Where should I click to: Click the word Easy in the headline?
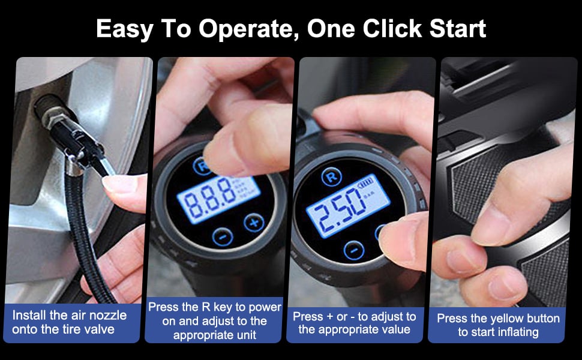coord(124,29)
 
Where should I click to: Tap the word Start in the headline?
coord(458,28)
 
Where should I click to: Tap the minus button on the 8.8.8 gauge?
coord(223,236)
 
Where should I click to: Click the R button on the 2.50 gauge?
coord(331,176)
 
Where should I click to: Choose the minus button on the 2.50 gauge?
coord(354,251)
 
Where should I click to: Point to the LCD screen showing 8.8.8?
coord(218,199)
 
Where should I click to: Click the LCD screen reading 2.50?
coord(348,205)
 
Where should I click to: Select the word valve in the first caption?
coord(99,329)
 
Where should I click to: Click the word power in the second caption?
coord(265,308)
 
